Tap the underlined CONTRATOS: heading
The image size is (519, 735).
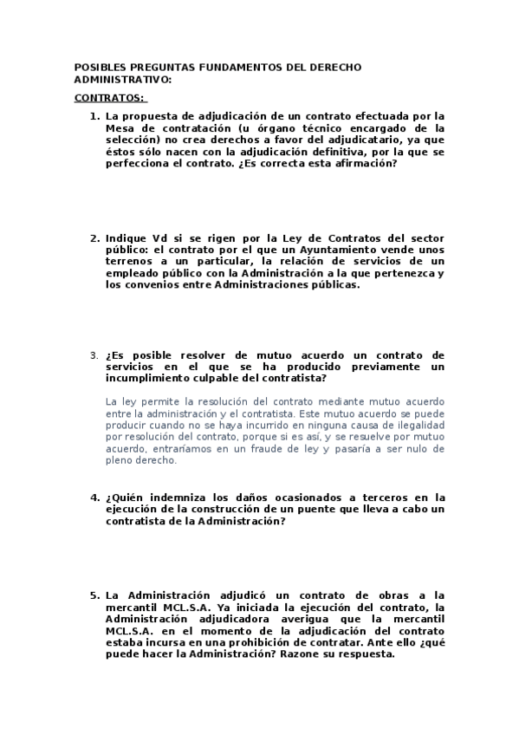click(109, 98)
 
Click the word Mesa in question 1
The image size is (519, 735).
click(119, 127)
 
